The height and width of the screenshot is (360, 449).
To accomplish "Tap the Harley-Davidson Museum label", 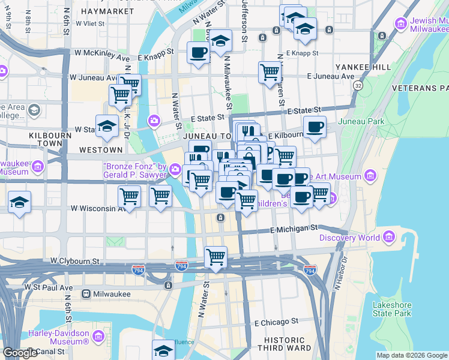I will [x=58, y=337].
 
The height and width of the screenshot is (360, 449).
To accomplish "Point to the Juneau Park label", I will [x=361, y=122].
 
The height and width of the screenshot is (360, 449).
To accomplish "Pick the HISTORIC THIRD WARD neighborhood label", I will [x=284, y=343].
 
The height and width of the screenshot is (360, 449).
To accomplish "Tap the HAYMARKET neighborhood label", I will [x=106, y=11].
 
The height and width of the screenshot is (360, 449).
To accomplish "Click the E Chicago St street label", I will [x=276, y=322].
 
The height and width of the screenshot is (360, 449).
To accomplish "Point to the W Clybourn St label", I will [x=75, y=262].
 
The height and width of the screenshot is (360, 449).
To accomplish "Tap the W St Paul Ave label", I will [x=48, y=287].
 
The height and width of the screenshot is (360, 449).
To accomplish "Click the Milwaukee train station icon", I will [x=86, y=294].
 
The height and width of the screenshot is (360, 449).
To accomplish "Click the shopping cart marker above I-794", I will [x=215, y=256].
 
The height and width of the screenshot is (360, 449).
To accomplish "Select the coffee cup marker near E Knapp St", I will [x=198, y=52].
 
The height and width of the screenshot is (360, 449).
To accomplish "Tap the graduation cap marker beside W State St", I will [x=107, y=125].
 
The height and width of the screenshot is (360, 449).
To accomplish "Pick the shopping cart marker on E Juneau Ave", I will [x=270, y=71].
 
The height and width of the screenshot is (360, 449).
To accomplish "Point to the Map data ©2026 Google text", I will [x=411, y=355].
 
